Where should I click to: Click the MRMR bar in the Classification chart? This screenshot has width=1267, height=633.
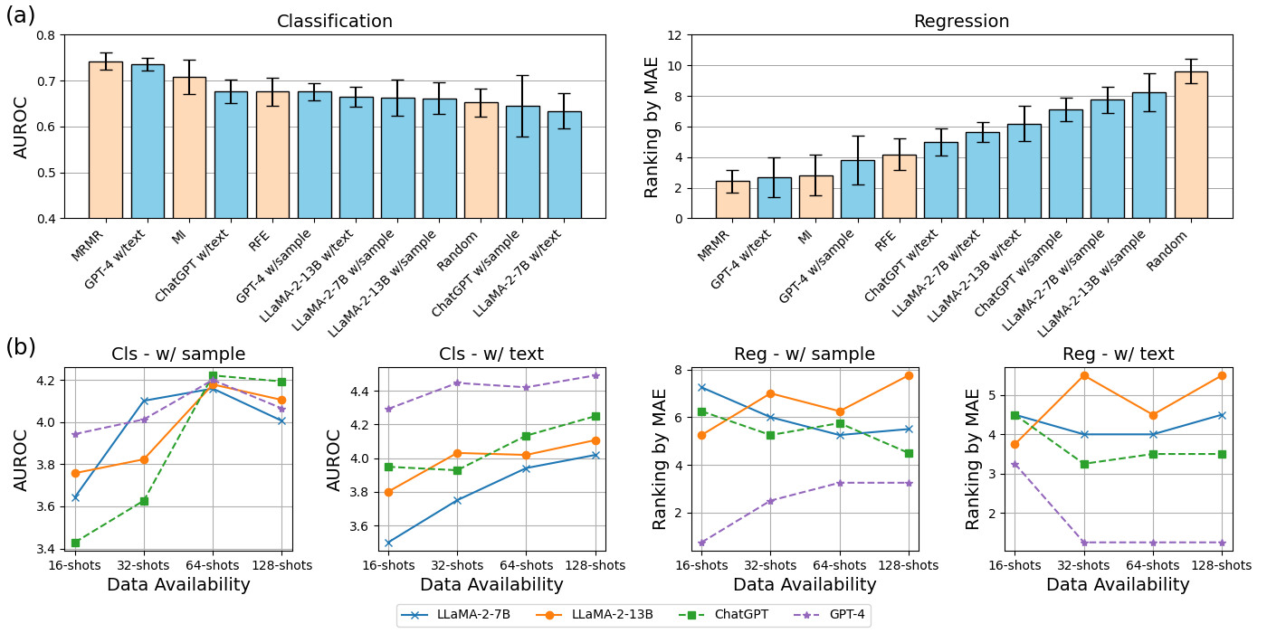(x=106, y=140)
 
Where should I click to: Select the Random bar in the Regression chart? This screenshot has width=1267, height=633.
(x=1190, y=145)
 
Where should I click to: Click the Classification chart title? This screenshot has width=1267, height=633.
(x=335, y=22)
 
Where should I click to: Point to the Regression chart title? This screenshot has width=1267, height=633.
(x=961, y=22)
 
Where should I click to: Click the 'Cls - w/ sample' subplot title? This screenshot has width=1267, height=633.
(x=178, y=354)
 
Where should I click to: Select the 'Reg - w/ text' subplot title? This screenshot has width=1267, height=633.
(x=1118, y=354)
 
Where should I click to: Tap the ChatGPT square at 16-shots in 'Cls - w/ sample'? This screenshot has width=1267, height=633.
(x=76, y=543)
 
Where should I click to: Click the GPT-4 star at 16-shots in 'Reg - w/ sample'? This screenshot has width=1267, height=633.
(x=702, y=543)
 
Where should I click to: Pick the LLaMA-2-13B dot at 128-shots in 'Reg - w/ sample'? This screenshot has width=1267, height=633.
(x=908, y=375)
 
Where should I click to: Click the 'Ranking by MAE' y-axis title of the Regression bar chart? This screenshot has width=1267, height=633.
(x=652, y=127)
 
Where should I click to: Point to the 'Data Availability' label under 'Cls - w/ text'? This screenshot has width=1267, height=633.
(x=491, y=585)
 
